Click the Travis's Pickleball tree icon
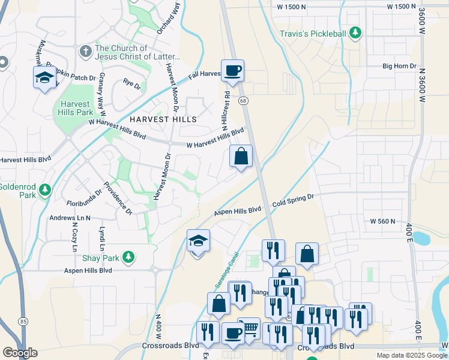pos(356,32)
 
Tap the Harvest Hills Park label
pos(76,107)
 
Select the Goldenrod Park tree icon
pos(44,190)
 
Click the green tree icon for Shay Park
pos(127,257)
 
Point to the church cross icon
pos(85,52)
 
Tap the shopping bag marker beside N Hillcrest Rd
pos(241,157)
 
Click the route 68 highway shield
pos(243,101)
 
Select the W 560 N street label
pos(382,221)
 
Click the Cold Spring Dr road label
pos(293,200)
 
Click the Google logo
pos(20,352)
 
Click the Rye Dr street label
pos(131,83)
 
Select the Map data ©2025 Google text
pos(411,355)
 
